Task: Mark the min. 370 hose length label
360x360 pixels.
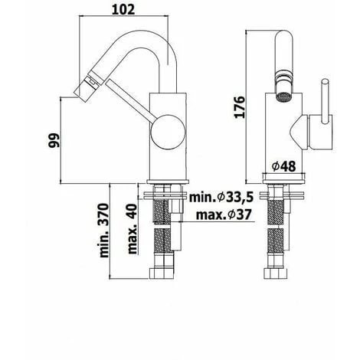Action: [x=107, y=237]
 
